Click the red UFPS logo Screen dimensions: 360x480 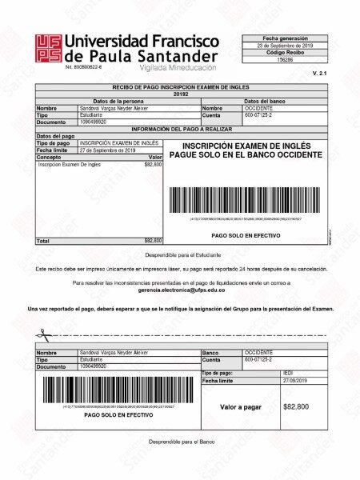[x=47, y=47]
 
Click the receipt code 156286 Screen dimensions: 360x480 [x=285, y=60]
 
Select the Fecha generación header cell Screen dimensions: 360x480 [x=285, y=38]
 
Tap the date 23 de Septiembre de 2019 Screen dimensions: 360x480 [x=285, y=46]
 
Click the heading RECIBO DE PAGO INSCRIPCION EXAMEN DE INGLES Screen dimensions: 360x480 [x=181, y=86]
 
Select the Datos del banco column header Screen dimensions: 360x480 [x=264, y=101]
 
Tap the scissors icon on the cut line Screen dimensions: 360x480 [x=39, y=334]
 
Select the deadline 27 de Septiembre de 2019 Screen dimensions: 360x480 [x=108, y=150]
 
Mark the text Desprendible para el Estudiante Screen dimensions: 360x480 [x=181, y=254]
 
